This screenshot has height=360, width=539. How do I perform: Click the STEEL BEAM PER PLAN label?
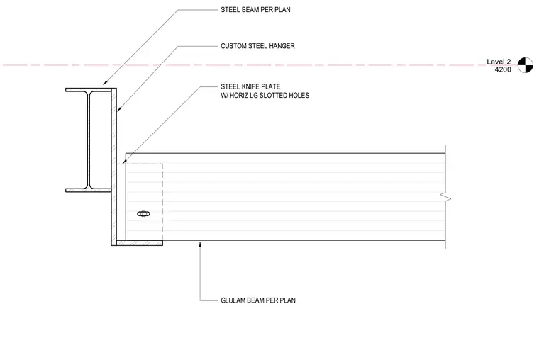pos(255,10)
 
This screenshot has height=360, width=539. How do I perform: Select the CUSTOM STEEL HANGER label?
pos(257,46)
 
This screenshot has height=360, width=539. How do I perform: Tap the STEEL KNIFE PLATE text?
pos(250,86)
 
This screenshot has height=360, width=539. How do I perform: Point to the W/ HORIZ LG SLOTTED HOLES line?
pos(265,96)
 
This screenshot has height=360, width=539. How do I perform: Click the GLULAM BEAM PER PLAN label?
pos(258,300)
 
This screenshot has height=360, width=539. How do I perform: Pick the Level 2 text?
pos(499,62)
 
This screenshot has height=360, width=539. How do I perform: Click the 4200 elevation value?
pos(503,69)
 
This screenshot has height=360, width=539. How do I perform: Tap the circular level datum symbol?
pos(526,65)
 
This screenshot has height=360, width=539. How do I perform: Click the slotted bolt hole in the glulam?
pos(143,214)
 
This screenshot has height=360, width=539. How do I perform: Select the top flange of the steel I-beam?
pos(89,90)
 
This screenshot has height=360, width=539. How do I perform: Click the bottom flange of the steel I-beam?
pos(89,191)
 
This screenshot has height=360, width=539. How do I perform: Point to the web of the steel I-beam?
pos(89,140)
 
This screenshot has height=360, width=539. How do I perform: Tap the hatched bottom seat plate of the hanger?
pos(139,243)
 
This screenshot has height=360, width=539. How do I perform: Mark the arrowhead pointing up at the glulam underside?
pos(201,244)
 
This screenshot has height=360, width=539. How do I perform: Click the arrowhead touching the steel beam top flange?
pos(105,82)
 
